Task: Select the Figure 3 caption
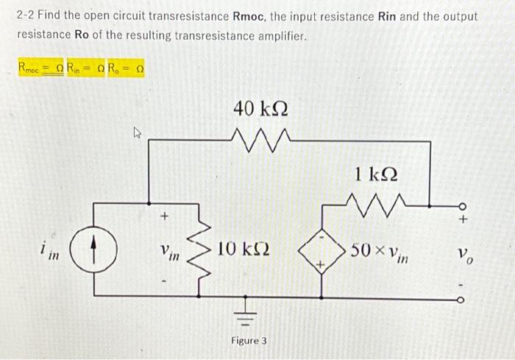point(249,341)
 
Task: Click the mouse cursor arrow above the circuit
point(136,133)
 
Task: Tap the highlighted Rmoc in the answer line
point(32,68)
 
